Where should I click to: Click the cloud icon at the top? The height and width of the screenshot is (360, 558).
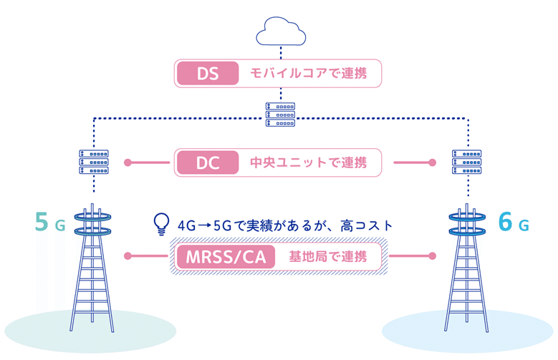point(280,31)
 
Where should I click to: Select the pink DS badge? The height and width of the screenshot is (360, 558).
point(208,73)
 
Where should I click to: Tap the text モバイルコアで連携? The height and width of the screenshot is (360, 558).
point(308,73)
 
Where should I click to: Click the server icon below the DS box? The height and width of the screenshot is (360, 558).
point(280,114)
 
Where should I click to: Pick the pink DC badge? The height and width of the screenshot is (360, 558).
point(208,162)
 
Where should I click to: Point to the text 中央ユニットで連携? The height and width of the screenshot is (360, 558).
point(308,162)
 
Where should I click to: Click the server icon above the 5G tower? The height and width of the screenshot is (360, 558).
point(93,162)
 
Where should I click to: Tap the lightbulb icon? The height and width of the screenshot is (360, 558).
point(162,224)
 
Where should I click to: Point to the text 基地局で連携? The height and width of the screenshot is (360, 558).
point(327,256)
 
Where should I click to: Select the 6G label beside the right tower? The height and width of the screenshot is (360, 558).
point(513,223)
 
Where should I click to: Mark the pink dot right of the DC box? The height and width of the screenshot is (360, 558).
point(432,162)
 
